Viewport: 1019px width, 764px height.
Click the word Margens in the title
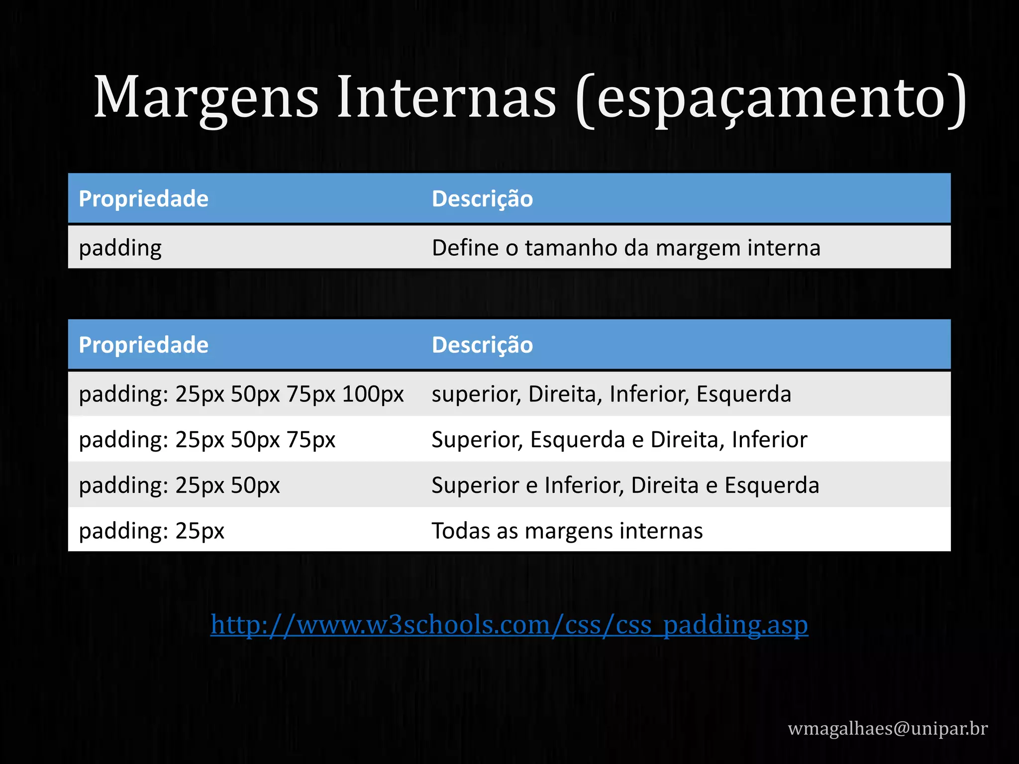point(205,97)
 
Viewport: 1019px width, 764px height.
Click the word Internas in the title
point(446,97)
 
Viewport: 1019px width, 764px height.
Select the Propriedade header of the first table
point(143,199)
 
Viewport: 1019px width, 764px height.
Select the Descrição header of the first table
point(482,199)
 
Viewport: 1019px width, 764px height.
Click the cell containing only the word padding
point(120,248)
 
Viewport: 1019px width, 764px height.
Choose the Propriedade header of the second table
point(143,345)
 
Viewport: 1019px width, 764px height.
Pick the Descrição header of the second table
point(482,345)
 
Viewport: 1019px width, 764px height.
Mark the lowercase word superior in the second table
point(476,394)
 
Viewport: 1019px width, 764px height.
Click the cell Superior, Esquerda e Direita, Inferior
point(619,440)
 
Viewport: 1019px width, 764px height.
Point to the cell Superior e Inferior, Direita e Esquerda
point(625,485)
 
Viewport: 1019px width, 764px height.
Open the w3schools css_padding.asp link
point(509,625)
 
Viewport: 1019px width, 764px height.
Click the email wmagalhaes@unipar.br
point(888,728)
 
